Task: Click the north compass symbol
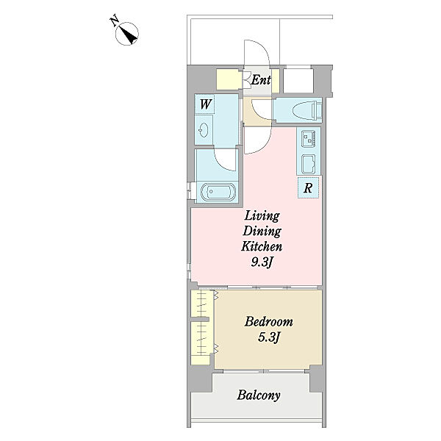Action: click(x=127, y=34)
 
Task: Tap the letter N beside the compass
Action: click(x=114, y=21)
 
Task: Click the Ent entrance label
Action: click(x=261, y=80)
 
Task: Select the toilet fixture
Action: click(x=307, y=110)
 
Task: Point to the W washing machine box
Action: click(x=205, y=104)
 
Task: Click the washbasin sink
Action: click(x=204, y=130)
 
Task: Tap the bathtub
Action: click(x=218, y=192)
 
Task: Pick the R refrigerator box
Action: click(x=308, y=187)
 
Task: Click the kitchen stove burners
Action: click(x=309, y=138)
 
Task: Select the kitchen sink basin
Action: click(x=309, y=164)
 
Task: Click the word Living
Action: click(x=262, y=216)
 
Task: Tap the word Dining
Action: click(x=262, y=232)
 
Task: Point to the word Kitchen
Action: click(x=262, y=246)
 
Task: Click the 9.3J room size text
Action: click(x=262, y=262)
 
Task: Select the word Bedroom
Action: click(x=268, y=321)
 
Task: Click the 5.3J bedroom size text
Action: click(x=268, y=337)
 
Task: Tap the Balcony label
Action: click(x=259, y=395)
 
